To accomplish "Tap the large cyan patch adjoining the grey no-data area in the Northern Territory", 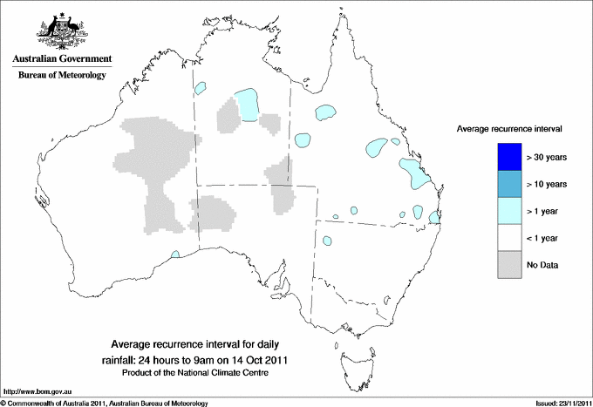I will tap(249, 105).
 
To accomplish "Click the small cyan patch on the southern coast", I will tap(175, 254).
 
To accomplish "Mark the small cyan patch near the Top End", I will tap(201, 88).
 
